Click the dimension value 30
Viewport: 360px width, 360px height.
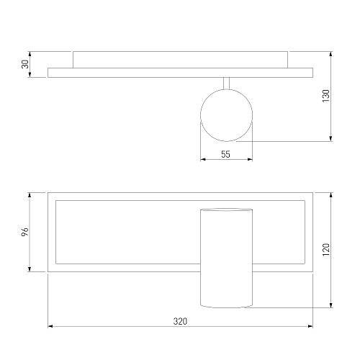[x=25, y=64]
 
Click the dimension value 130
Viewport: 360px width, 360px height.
[x=326, y=96]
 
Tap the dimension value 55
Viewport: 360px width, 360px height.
[x=225, y=154]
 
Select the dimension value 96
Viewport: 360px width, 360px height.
[x=25, y=232]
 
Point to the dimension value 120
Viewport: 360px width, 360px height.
[x=326, y=250]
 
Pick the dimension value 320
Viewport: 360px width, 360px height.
[x=180, y=321]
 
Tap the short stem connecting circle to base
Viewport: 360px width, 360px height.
[x=226, y=84]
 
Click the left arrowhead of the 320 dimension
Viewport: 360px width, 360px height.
[x=50, y=326]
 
